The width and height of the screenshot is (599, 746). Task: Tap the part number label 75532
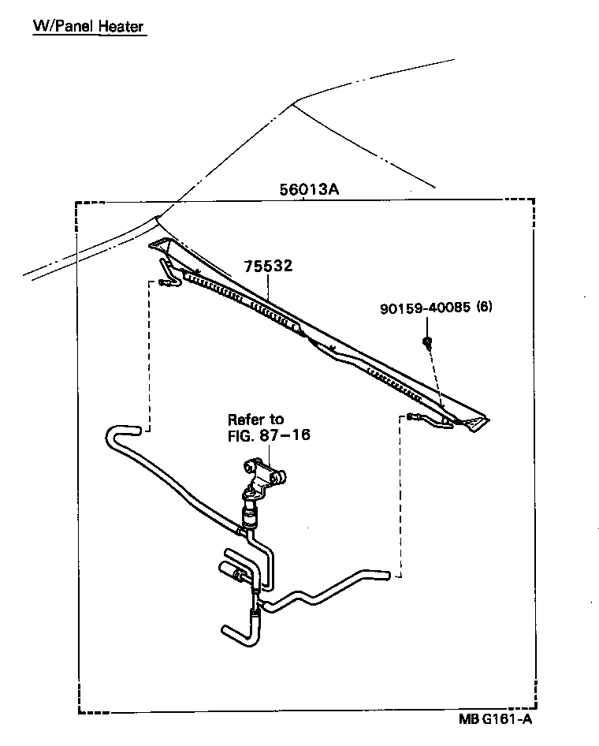(268, 267)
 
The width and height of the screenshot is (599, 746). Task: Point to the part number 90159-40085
(424, 308)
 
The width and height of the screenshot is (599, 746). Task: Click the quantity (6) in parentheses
(484, 308)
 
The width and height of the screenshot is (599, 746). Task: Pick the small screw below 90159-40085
(426, 341)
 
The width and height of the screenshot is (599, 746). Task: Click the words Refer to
(255, 420)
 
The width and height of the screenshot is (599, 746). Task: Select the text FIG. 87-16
(264, 435)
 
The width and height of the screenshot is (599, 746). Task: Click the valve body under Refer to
(263, 478)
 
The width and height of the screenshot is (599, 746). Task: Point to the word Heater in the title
(121, 27)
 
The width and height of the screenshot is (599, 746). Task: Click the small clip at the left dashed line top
(165, 282)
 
